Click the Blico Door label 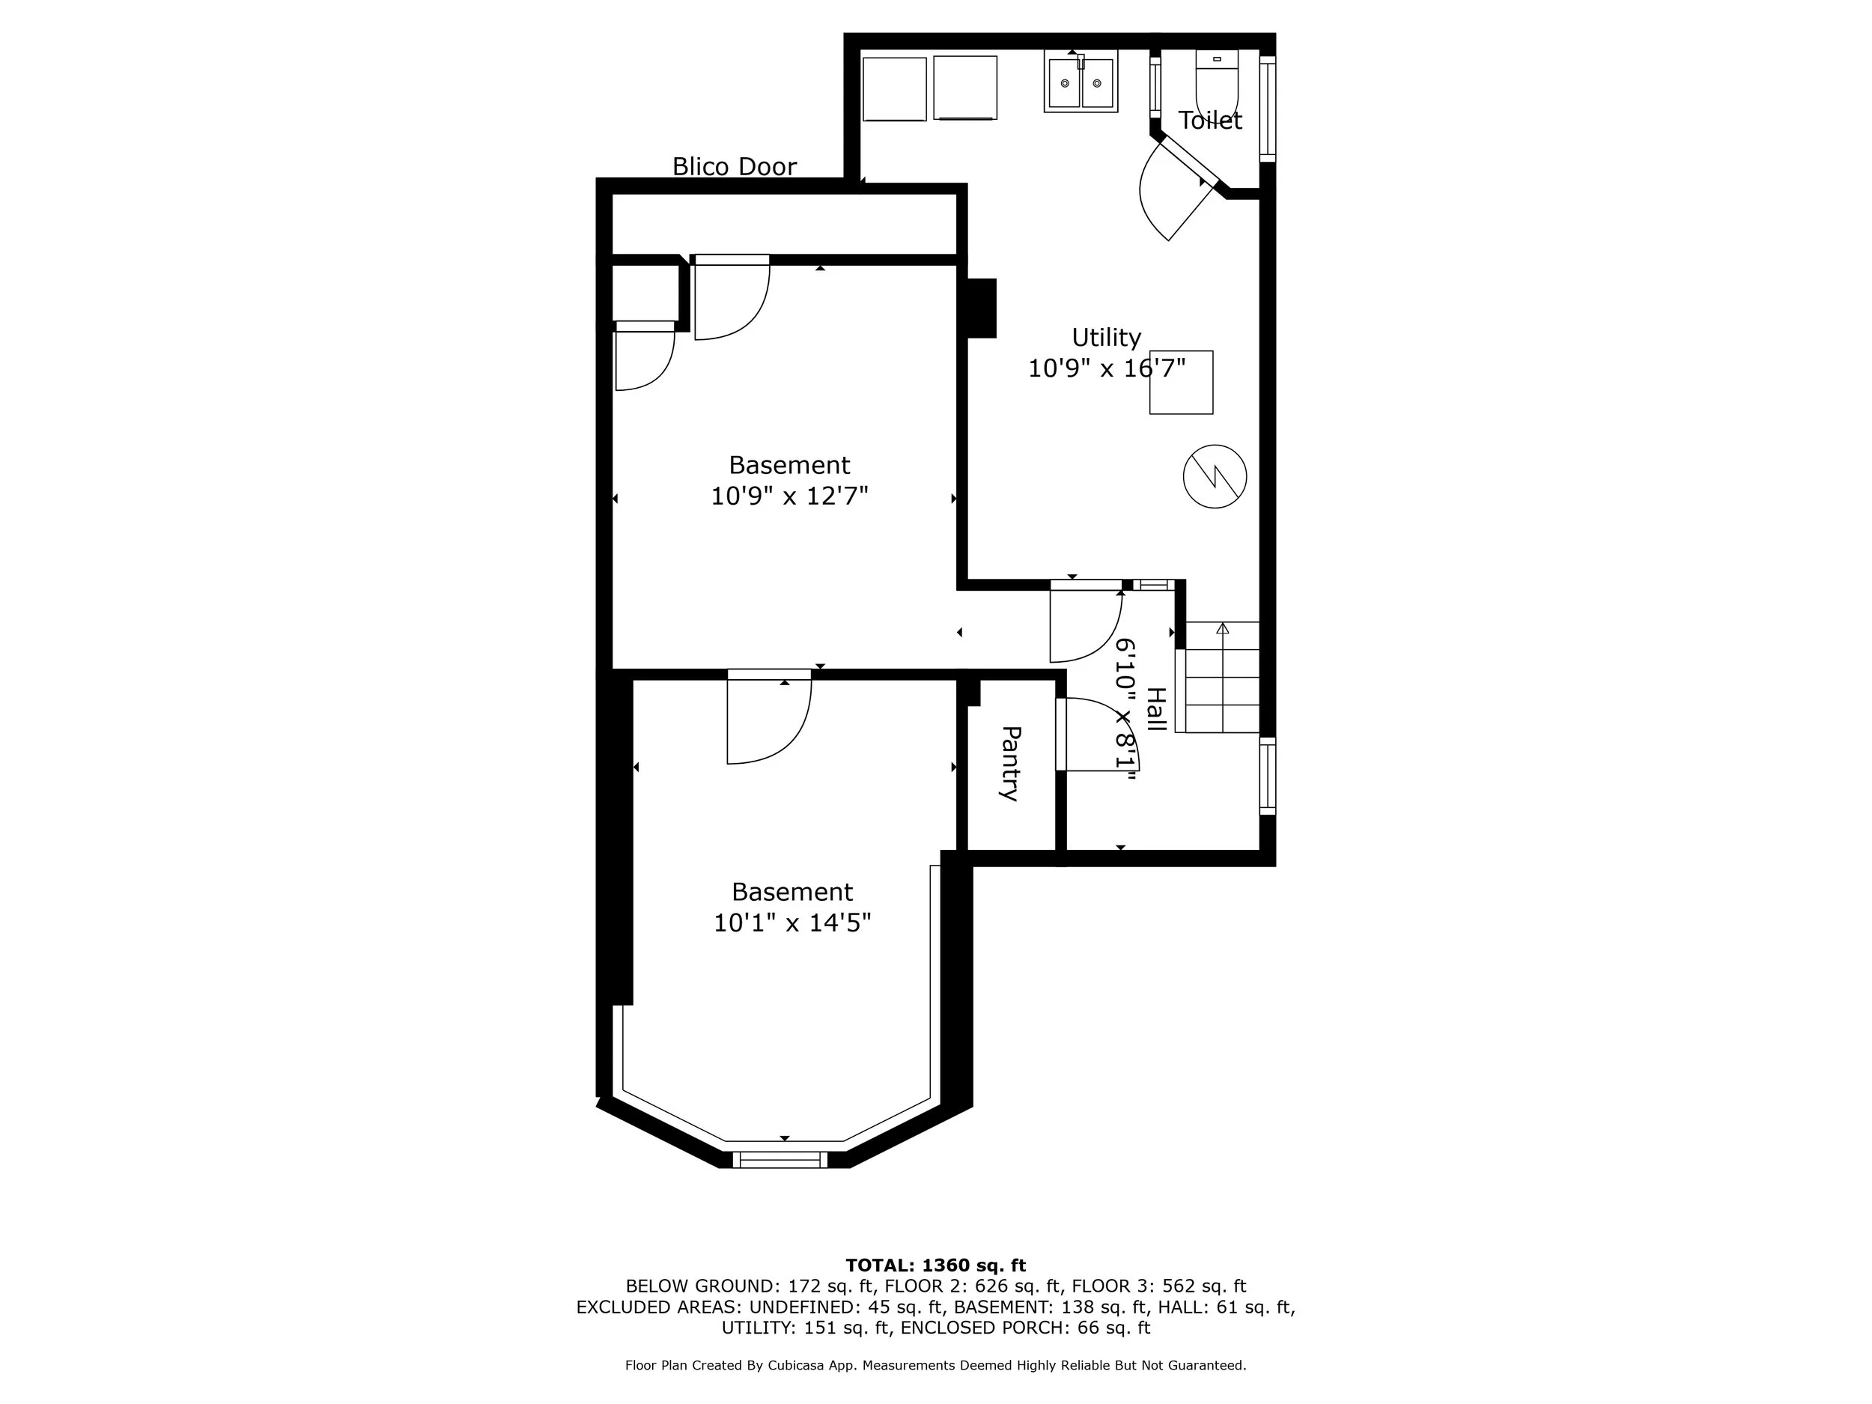point(734,166)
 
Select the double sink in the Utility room point(1081,81)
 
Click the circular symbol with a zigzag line point(1215,476)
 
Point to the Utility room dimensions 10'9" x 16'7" point(1105,368)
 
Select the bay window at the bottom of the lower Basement point(780,1158)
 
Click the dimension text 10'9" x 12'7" point(788,496)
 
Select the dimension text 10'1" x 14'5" point(791,923)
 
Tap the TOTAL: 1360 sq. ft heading point(935,1265)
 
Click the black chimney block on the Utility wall point(982,308)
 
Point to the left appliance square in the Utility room point(895,89)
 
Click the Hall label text point(1155,709)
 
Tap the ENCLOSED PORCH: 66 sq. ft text point(1025,1328)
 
